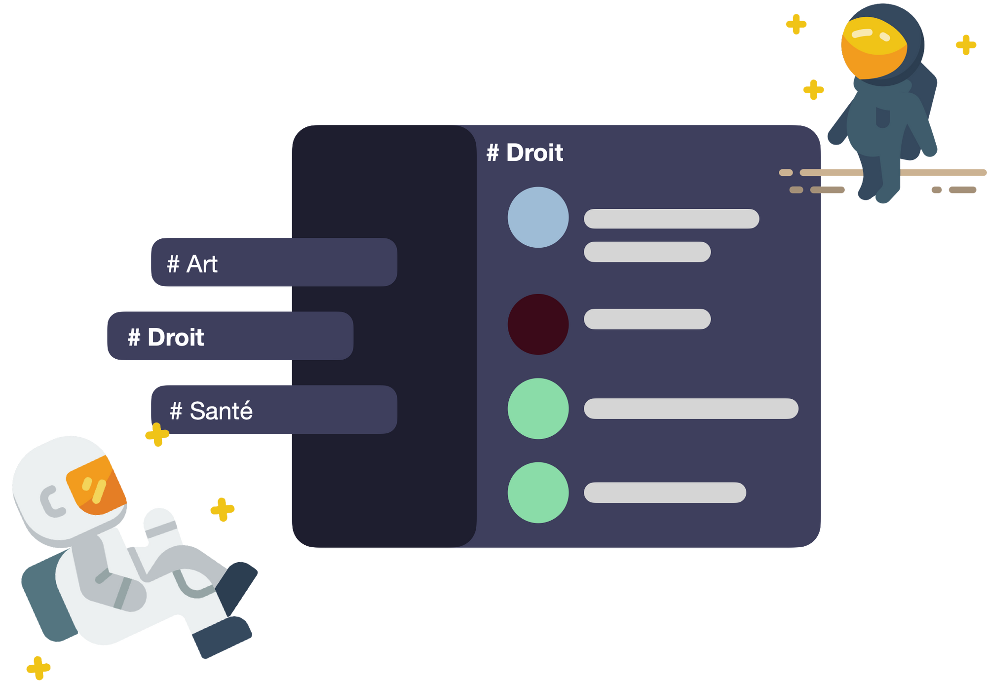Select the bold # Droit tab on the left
pyautogui.click(x=229, y=336)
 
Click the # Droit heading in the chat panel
pyautogui.click(x=525, y=152)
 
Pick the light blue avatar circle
pyautogui.click(x=538, y=217)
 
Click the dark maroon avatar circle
pyautogui.click(x=538, y=324)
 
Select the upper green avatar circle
pyautogui.click(x=538, y=409)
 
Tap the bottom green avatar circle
pyautogui.click(x=538, y=493)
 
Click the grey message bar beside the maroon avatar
pyautogui.click(x=647, y=319)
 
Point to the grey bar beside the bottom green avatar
pyautogui.click(x=665, y=493)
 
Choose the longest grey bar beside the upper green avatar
pyautogui.click(x=691, y=409)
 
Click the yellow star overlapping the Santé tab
pyautogui.click(x=157, y=435)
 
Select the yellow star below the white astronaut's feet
pyautogui.click(x=38, y=668)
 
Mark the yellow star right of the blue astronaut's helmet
pyautogui.click(x=966, y=45)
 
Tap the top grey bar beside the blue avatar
pyautogui.click(x=671, y=219)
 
